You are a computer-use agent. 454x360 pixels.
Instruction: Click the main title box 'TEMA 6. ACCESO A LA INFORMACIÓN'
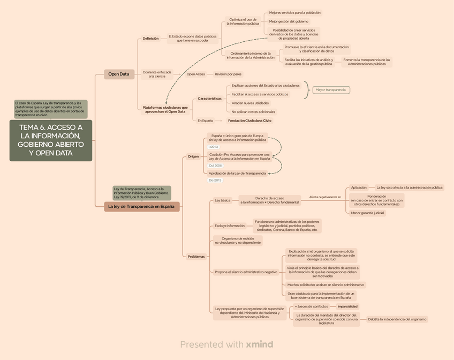coord(51,140)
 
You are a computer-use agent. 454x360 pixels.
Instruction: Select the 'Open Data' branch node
coord(118,74)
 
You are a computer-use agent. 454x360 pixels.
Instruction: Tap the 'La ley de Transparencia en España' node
coord(141,207)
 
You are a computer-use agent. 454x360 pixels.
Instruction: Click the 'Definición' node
coord(150,39)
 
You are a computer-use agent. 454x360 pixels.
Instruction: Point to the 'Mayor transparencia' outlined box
coord(330,90)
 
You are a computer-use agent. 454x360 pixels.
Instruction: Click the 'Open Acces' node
coord(195,74)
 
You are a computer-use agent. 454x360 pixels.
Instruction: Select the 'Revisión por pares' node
coord(228,74)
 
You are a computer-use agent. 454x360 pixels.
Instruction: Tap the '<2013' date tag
coord(214,146)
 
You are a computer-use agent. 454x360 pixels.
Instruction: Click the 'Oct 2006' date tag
coord(215,166)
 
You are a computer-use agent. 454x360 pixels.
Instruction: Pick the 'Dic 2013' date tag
coord(215,180)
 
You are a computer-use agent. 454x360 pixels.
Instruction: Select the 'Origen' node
coord(193,156)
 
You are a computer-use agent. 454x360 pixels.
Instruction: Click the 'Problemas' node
coord(196,257)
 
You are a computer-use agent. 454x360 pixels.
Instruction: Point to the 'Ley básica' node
coord(222,200)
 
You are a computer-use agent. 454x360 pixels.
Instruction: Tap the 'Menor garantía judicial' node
coord(368,213)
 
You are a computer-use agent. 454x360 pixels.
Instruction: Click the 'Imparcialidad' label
coord(347,306)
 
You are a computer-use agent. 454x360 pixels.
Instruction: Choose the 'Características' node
coord(209,99)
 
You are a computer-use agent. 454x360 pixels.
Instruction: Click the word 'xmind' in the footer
coord(260,344)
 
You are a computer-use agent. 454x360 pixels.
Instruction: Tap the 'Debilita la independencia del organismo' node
coord(397,319)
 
